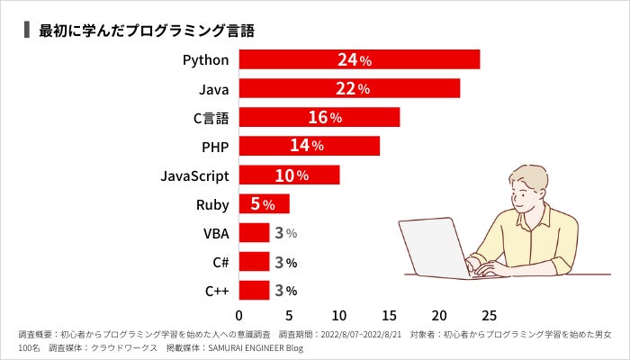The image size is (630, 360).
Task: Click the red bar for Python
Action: (358, 60)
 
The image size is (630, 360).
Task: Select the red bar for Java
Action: (349, 89)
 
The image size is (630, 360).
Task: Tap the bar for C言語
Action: (319, 118)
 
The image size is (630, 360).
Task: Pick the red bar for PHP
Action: (309, 146)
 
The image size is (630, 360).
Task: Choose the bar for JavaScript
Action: (289, 175)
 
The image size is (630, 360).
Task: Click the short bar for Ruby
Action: (264, 203)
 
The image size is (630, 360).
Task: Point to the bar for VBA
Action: (254, 233)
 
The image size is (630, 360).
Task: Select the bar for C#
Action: (254, 262)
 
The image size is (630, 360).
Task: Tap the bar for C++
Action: (254, 290)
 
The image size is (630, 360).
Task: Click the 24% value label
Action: (355, 60)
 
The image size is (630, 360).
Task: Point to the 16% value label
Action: (325, 118)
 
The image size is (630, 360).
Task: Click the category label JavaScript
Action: (194, 175)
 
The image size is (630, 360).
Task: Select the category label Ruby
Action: (212, 204)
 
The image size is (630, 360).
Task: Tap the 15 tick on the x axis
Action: (389, 316)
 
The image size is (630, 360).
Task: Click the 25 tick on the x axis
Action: (489, 316)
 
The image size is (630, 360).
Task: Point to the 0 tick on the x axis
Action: (238, 316)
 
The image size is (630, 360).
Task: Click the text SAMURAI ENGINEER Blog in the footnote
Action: (255, 347)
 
